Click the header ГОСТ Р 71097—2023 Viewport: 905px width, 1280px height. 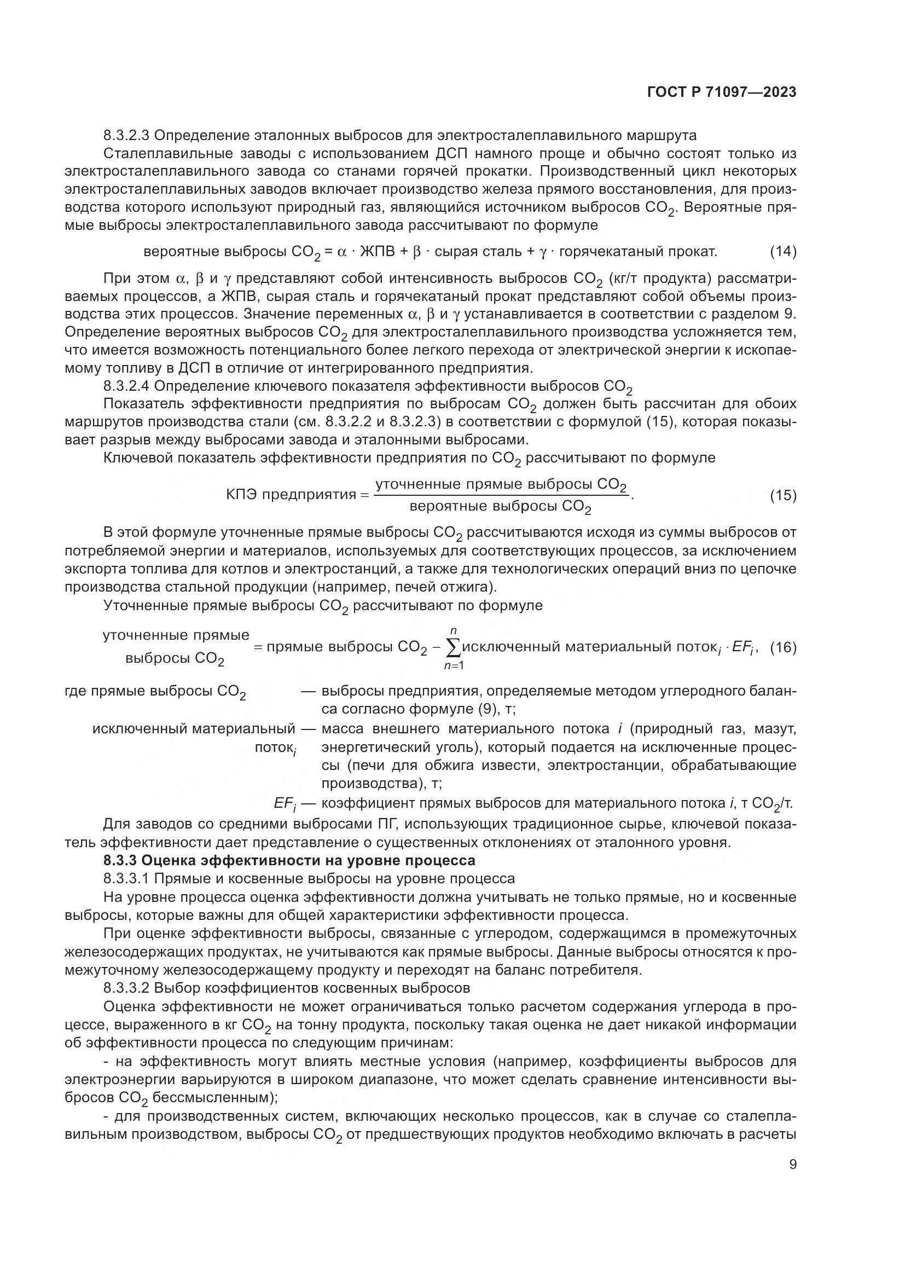click(x=722, y=92)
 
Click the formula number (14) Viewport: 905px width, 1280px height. click(x=783, y=251)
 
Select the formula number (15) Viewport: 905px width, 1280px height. click(x=783, y=495)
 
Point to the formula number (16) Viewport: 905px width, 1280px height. click(x=783, y=647)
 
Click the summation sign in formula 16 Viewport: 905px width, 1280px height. click(x=454, y=647)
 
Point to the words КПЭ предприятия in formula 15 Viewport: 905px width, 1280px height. click(x=291, y=495)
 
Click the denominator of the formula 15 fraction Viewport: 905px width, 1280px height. click(x=500, y=507)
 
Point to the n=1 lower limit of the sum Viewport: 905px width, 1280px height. click(x=454, y=665)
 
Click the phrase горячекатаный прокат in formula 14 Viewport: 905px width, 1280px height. click(x=637, y=252)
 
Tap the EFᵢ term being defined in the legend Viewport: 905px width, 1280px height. click(x=285, y=804)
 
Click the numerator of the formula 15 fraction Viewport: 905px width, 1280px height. click(x=501, y=484)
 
